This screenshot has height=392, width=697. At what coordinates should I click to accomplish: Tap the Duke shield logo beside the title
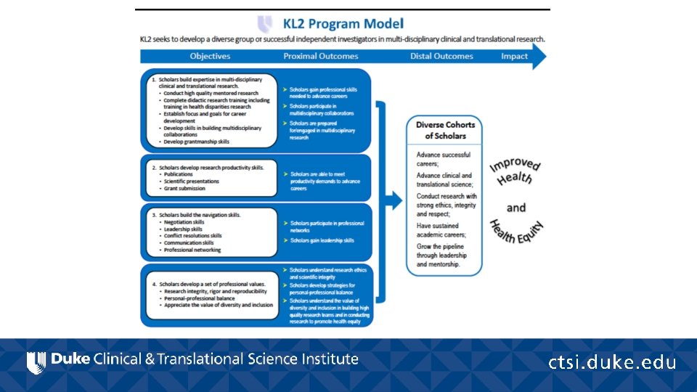pyautogui.click(x=266, y=24)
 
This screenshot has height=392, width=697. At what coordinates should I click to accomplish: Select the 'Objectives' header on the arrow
pyautogui.click(x=210, y=56)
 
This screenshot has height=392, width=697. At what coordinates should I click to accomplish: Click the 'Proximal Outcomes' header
pyautogui.click(x=320, y=56)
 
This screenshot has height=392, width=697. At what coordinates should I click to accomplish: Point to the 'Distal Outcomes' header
pyautogui.click(x=441, y=56)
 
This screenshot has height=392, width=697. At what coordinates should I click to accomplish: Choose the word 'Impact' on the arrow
pyautogui.click(x=514, y=56)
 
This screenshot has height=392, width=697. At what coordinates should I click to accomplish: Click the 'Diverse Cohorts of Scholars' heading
pyautogui.click(x=445, y=130)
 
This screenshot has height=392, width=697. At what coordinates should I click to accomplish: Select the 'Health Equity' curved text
pyautogui.click(x=517, y=232)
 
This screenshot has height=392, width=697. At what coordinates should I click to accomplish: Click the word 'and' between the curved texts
pyautogui.click(x=516, y=208)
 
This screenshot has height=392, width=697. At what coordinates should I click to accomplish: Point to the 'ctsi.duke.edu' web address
pyautogui.click(x=612, y=362)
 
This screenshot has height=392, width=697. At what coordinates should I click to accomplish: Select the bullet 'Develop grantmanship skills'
pyautogui.click(x=196, y=142)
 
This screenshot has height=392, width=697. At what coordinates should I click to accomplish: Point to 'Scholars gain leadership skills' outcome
pyautogui.click(x=322, y=240)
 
